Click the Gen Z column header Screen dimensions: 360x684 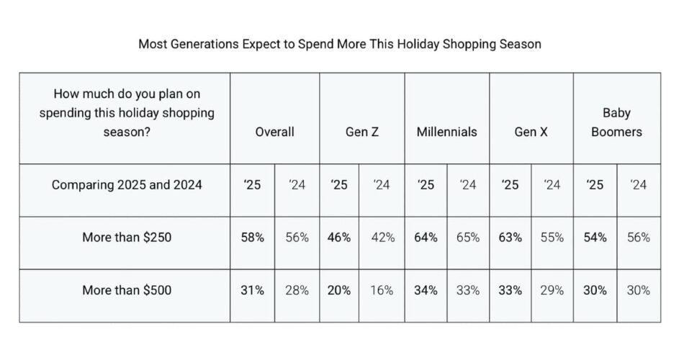361,132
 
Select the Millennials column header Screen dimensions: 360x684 446,132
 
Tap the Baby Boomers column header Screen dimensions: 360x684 616,122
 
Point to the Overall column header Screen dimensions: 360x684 274,132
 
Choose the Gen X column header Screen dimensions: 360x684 531,132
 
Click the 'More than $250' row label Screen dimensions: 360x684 126,238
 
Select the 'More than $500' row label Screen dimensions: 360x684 126,291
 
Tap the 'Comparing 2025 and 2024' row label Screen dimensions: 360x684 127,185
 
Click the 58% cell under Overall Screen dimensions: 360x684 252,238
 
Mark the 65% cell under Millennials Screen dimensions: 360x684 468,238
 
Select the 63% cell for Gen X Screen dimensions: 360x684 510,238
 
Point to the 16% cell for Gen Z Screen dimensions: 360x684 382,291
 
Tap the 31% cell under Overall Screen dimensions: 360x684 252,291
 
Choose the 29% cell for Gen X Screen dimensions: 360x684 552,291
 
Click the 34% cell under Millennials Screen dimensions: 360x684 426,291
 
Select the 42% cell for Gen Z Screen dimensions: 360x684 382,238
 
